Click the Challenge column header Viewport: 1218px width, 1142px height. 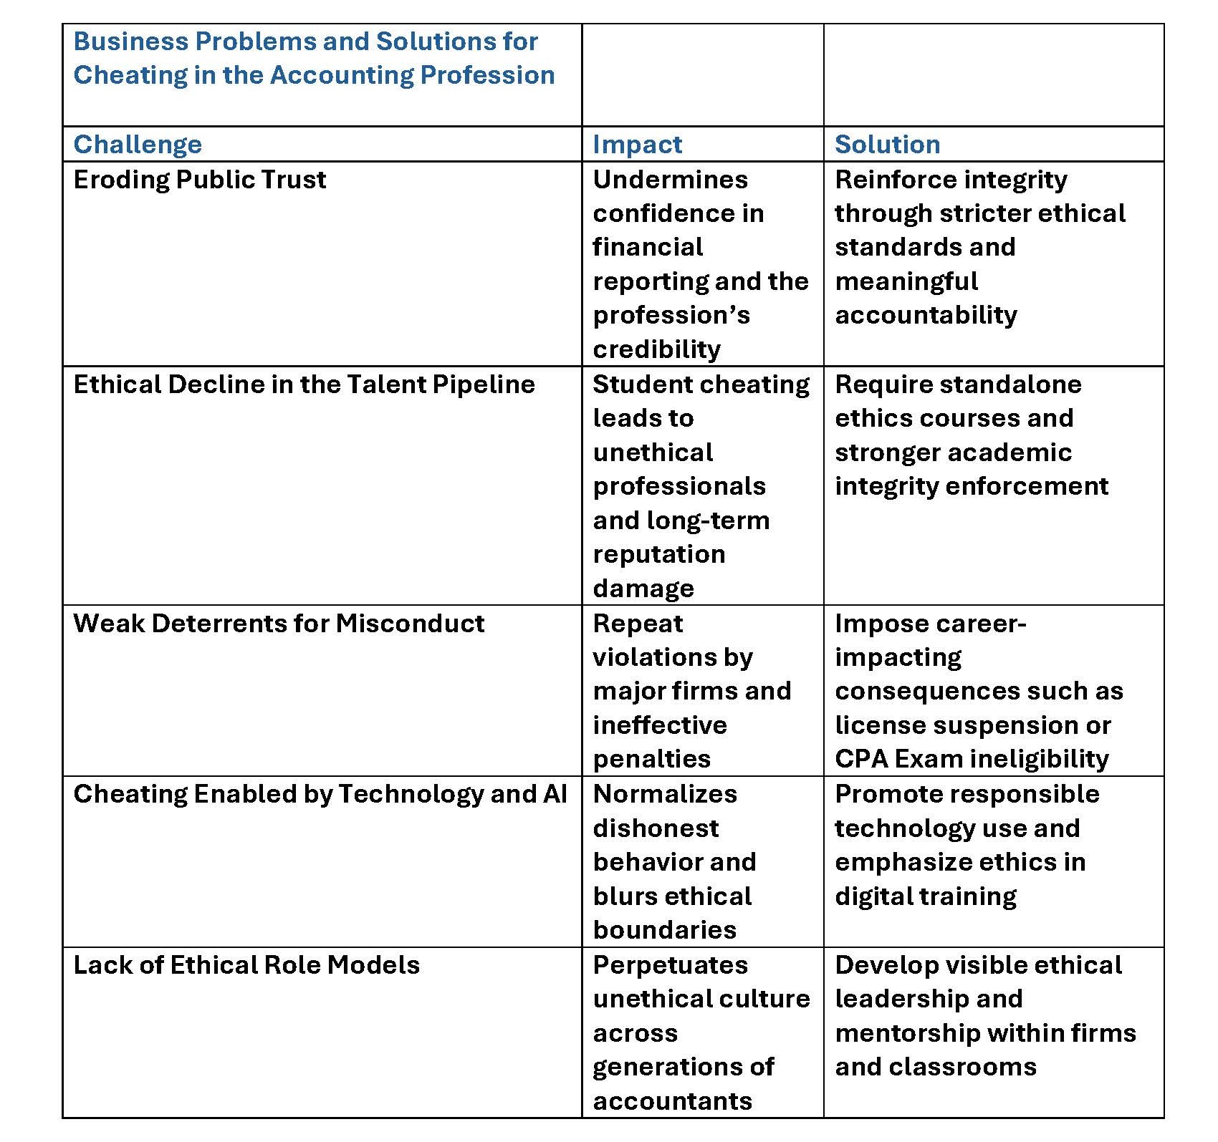(138, 145)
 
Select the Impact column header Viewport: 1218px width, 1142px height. (637, 145)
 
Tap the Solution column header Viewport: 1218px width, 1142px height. (887, 145)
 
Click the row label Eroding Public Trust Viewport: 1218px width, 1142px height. (199, 180)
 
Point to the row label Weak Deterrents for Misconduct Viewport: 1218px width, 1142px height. (279, 624)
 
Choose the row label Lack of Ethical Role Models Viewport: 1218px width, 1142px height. (246, 965)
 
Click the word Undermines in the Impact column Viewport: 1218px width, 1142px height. (670, 180)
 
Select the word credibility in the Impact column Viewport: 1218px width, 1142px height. (656, 349)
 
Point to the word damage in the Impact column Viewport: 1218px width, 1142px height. (643, 589)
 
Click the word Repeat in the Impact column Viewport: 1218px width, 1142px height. (638, 624)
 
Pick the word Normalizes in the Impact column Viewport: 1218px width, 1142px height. (664, 794)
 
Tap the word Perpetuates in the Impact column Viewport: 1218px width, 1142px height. (670, 965)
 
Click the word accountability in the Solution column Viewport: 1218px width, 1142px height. (926, 315)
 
